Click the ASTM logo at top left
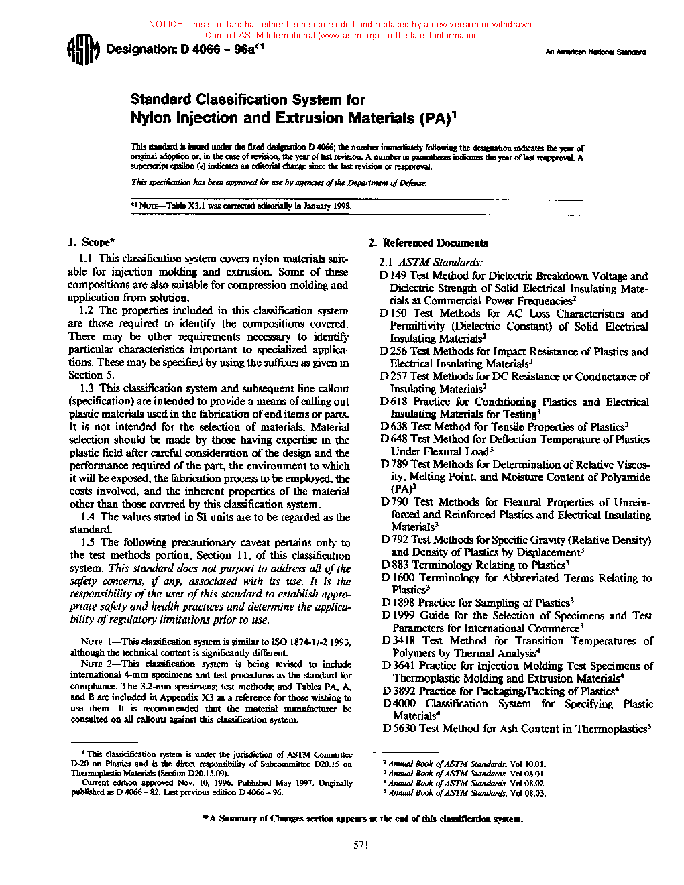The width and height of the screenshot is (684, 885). [83, 50]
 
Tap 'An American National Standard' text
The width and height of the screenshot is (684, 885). [595, 52]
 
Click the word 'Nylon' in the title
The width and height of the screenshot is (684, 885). [151, 118]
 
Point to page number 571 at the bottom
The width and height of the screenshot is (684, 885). [361, 845]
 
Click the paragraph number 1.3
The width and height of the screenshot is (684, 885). [87, 388]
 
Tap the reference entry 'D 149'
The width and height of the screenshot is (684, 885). [393, 276]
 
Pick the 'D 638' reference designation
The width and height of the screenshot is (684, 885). [394, 427]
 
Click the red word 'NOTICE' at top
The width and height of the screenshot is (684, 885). [166, 24]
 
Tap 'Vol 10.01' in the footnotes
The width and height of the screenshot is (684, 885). [528, 764]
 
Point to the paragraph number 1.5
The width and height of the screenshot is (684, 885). [88, 542]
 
